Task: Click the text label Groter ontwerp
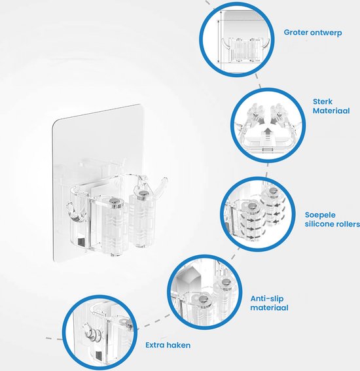(x=313, y=33)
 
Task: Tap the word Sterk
(x=323, y=101)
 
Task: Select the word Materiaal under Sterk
(x=331, y=111)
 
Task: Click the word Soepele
(x=320, y=215)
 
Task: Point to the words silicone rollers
(x=333, y=224)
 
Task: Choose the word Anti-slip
(x=267, y=298)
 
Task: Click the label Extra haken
(x=168, y=345)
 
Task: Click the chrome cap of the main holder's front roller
(x=117, y=202)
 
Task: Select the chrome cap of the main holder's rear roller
(x=143, y=194)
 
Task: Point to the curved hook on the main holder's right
(x=162, y=186)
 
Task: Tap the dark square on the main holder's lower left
(x=81, y=242)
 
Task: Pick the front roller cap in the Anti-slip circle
(x=204, y=300)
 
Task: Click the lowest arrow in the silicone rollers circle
(x=249, y=237)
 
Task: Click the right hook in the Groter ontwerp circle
(x=266, y=44)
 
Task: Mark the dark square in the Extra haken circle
(x=98, y=355)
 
